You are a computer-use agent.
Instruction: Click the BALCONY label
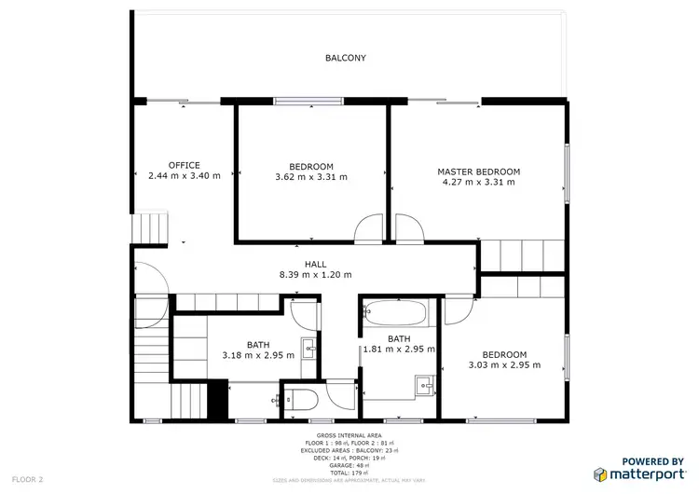(345, 58)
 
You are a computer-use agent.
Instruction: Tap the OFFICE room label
(184, 165)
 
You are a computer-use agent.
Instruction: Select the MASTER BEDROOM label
(479, 172)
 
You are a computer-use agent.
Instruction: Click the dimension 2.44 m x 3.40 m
(185, 175)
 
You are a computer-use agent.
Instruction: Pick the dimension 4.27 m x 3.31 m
(479, 182)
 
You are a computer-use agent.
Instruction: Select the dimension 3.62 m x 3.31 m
(311, 176)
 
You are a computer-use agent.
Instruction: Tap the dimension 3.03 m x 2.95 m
(504, 364)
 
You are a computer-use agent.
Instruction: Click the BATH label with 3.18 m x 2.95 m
(258, 344)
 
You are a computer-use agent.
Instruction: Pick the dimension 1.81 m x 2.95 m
(399, 349)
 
